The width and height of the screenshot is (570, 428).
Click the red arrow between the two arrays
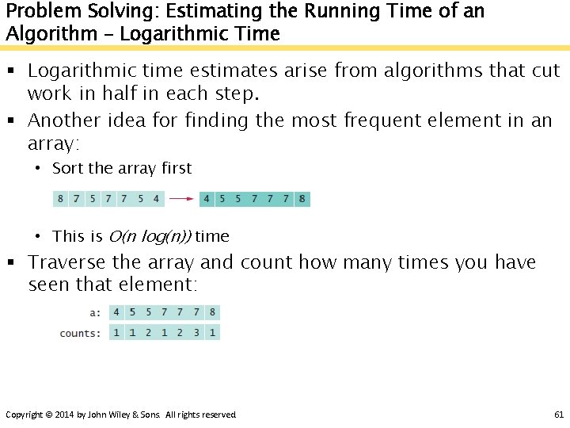tap(182, 198)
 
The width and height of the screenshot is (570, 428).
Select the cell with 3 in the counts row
tap(196, 333)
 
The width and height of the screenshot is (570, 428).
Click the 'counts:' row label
tap(80, 334)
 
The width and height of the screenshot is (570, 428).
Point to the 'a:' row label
tap(95, 313)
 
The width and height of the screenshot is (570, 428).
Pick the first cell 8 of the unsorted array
tap(61, 198)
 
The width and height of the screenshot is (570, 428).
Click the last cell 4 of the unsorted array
tap(156, 198)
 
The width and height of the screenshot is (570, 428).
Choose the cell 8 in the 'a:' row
tap(212, 312)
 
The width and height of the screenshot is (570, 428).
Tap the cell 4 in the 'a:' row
tap(116, 312)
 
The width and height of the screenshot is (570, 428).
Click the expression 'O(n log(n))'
tap(150, 236)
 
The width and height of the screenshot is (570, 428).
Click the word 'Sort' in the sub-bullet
tap(68, 168)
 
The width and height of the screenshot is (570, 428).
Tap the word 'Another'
tap(64, 121)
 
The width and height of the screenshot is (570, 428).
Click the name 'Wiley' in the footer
tap(122, 415)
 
